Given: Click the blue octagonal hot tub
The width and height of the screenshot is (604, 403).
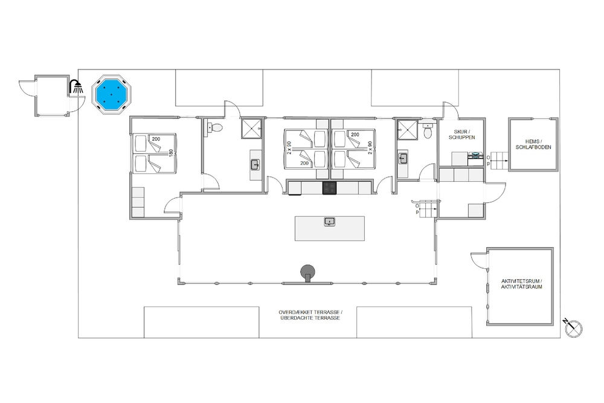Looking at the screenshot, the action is [x=112, y=94].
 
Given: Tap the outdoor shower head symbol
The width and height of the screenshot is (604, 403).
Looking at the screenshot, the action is [x=76, y=86].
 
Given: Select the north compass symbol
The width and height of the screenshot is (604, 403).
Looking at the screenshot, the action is [x=573, y=328].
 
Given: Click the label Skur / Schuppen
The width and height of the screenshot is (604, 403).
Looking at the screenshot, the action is [x=461, y=135].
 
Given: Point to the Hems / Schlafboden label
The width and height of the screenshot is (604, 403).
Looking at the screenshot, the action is [x=533, y=144].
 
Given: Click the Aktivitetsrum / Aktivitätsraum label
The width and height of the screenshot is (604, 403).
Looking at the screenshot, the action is [x=521, y=284].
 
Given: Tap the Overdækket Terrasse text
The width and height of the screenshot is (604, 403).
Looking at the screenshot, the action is [x=310, y=312].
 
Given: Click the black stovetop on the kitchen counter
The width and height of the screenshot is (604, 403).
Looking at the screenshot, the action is [x=329, y=188].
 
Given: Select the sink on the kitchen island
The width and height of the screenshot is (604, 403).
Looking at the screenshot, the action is [x=329, y=222].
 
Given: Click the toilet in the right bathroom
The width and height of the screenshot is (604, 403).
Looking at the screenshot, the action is [x=428, y=131].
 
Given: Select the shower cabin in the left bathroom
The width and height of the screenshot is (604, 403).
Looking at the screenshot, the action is [x=251, y=129].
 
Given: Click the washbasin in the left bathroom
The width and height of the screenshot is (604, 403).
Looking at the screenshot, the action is [x=255, y=165].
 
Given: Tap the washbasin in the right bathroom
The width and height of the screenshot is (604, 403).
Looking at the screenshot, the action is [x=403, y=158].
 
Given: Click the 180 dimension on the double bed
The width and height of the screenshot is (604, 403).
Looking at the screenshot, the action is [x=171, y=153].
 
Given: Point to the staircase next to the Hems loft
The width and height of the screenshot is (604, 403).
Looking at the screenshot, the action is [x=498, y=160].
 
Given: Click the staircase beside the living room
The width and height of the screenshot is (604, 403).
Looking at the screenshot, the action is [x=426, y=208].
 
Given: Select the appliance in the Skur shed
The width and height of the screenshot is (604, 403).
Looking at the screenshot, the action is [x=475, y=155].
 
